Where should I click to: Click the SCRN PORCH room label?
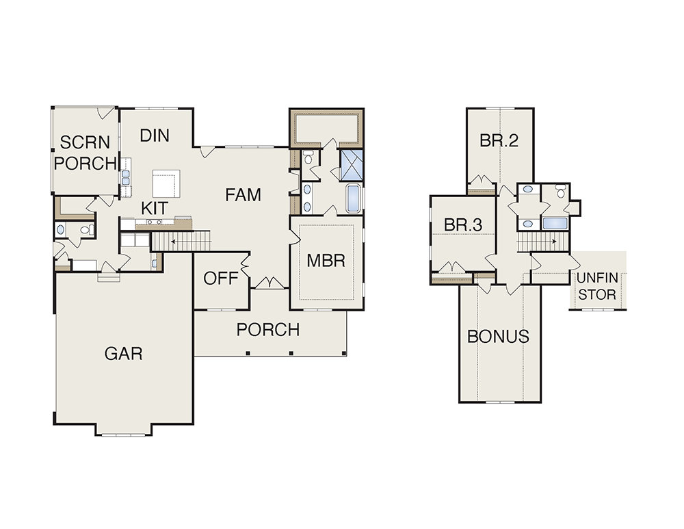[85, 153]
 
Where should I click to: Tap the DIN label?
[155, 136]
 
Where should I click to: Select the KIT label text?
[155, 208]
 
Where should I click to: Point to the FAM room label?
[243, 194]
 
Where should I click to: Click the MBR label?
[326, 261]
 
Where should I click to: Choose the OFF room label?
[221, 278]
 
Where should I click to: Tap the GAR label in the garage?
[123, 354]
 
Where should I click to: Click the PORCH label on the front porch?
[268, 330]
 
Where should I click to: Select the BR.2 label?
[499, 140]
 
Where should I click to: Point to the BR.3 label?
[463, 224]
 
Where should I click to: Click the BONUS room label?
[498, 337]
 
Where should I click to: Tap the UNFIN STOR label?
[597, 286]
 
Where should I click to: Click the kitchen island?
[166, 183]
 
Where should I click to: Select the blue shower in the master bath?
[351, 166]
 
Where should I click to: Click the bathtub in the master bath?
[354, 199]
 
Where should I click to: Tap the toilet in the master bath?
[308, 157]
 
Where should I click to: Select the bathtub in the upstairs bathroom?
[555, 223]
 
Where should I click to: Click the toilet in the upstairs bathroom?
[561, 191]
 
